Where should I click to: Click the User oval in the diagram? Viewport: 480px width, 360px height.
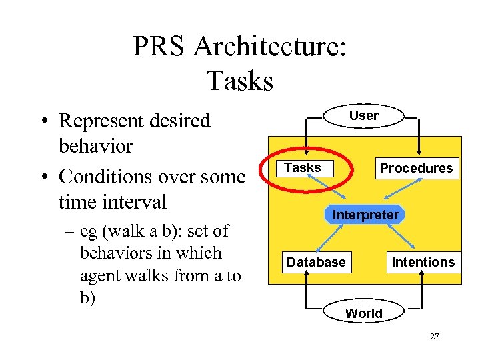tap(363, 115)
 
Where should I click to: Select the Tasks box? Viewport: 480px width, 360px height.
tap(303, 168)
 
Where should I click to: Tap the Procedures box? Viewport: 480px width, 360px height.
tap(416, 168)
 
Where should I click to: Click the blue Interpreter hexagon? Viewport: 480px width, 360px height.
tap(365, 215)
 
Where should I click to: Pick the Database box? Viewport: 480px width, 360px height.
tap(316, 262)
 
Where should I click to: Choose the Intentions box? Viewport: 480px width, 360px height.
tap(423, 262)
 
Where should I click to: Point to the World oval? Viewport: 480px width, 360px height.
tap(364, 313)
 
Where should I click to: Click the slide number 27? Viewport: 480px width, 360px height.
tap(434, 337)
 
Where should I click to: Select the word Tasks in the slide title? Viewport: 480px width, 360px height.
tap(240, 81)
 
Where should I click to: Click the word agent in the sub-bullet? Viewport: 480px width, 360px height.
tap(100, 275)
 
